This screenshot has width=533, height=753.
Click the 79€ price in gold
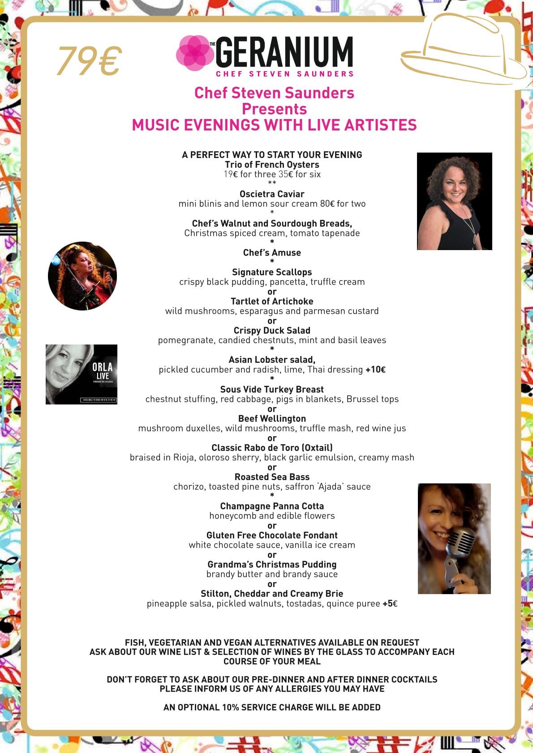point(89,61)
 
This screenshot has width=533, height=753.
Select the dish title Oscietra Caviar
point(272,194)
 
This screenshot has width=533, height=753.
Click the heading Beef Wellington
point(272,419)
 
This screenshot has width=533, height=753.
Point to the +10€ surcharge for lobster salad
point(375,370)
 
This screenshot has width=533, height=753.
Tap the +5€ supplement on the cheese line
point(390,604)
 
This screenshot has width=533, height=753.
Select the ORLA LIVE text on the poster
point(103,371)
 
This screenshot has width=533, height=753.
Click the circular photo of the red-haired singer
point(82,276)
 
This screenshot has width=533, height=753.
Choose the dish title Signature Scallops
point(272,272)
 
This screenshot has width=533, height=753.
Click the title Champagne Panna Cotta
point(272,506)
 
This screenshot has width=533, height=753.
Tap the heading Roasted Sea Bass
point(272,477)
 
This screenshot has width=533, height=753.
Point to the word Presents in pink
point(274,109)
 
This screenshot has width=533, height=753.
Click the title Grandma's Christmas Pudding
point(272,565)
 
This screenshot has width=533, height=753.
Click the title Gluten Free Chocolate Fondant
point(272,536)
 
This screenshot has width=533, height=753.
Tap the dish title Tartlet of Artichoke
point(272,302)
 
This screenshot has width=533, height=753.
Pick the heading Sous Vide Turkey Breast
point(272,390)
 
